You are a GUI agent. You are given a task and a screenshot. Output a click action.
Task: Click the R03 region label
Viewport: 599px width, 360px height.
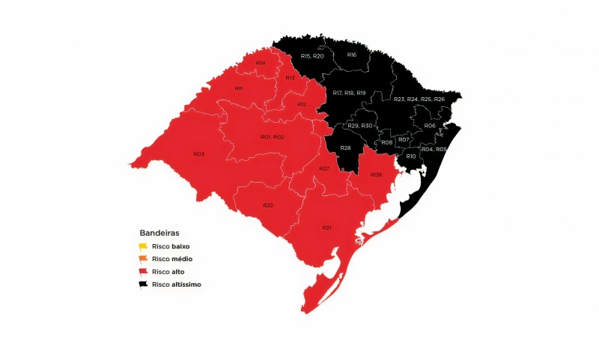198,154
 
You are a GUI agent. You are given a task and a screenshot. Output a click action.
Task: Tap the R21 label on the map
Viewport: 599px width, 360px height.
327,227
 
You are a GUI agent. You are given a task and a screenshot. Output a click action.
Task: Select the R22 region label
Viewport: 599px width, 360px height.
268,205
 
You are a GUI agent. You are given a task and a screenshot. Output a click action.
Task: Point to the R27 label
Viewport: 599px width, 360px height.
324,169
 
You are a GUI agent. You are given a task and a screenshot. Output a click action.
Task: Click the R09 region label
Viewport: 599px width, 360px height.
376,175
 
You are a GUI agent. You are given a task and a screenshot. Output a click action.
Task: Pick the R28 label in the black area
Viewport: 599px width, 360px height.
346,148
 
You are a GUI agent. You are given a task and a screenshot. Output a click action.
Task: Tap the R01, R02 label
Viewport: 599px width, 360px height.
272,137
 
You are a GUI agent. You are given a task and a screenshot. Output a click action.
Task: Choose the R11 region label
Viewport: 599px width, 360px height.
239,89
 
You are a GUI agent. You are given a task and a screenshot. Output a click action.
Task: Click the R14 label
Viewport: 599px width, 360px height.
261,63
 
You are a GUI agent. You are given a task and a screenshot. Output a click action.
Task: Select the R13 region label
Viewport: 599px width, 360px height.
290,78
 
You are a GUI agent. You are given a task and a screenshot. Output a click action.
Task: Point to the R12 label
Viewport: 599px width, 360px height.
302,104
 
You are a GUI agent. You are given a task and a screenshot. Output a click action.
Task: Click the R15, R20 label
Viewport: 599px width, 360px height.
312,56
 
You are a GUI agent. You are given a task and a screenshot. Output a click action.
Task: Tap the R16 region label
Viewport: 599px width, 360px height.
352,55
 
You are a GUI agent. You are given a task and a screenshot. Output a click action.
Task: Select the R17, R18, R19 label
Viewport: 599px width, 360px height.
349,93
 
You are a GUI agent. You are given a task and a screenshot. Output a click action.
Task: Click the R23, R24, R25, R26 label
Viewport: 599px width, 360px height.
419,99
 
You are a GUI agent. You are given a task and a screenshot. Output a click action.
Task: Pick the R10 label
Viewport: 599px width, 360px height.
411,156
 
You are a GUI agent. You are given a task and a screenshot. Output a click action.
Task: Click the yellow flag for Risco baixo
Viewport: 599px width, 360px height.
143,246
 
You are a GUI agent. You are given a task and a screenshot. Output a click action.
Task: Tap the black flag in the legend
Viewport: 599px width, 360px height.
143,284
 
